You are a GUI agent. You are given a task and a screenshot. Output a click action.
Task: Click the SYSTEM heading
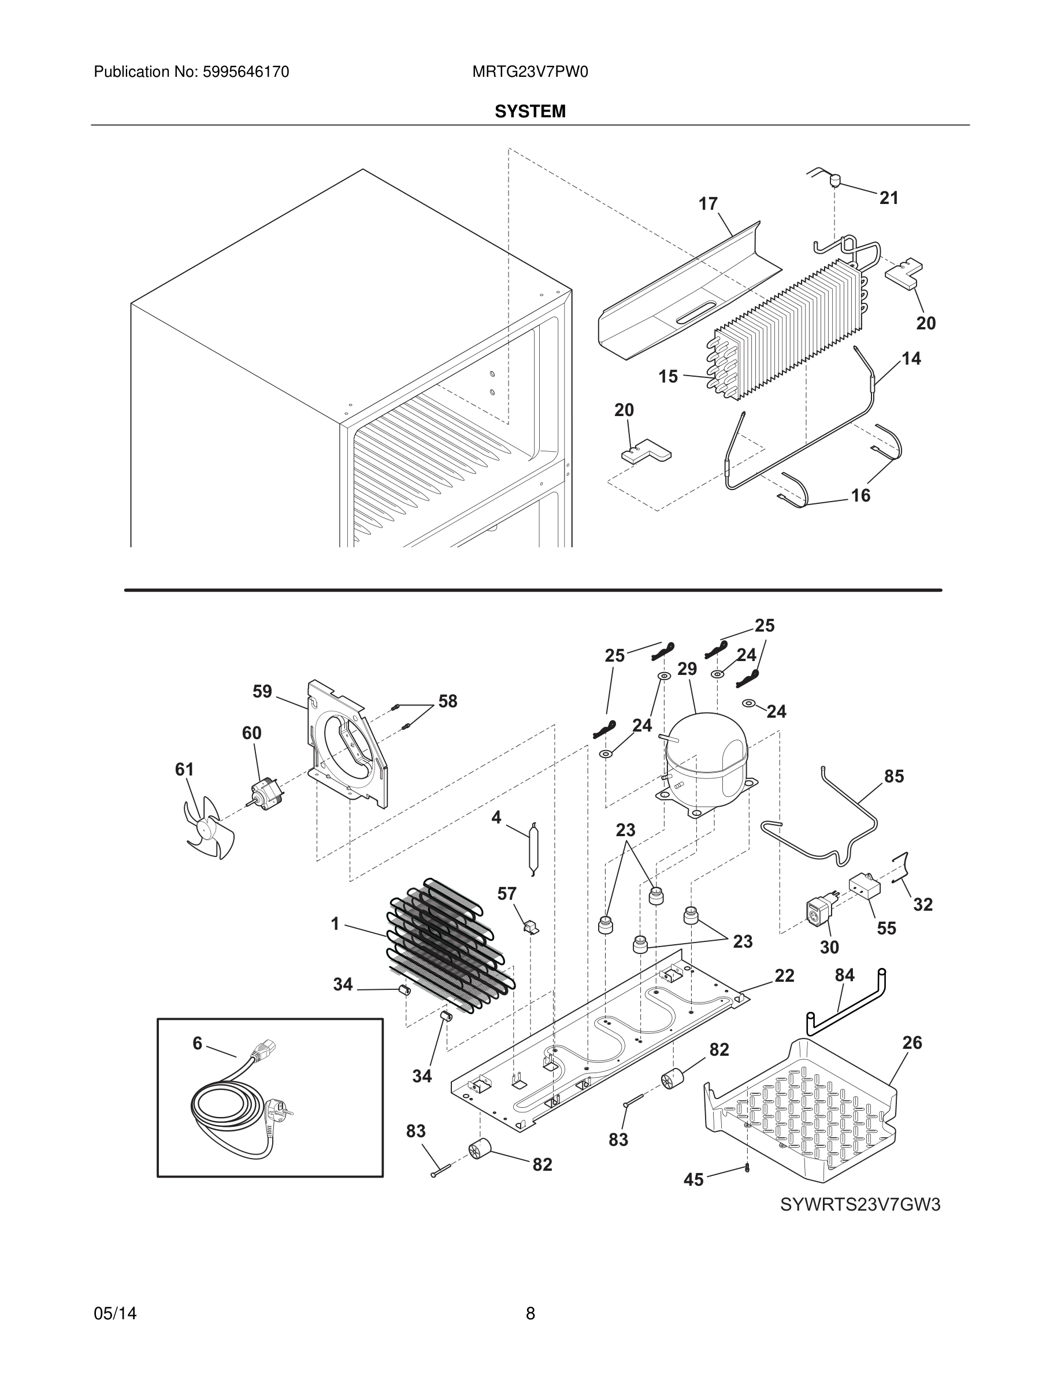pyautogui.click(x=530, y=112)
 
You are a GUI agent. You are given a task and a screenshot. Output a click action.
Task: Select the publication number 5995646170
pyautogui.click(x=245, y=72)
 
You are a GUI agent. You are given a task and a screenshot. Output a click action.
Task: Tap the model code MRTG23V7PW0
pyautogui.click(x=530, y=72)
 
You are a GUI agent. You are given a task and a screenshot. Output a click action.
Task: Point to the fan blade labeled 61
pyautogui.click(x=209, y=828)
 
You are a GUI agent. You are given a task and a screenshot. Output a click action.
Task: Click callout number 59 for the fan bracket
pyautogui.click(x=262, y=692)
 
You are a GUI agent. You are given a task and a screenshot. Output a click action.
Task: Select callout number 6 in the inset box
pyautogui.click(x=198, y=1044)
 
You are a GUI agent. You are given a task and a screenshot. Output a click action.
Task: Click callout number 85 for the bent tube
pyautogui.click(x=894, y=777)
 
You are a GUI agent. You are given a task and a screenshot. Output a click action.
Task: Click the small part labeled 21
pyautogui.click(x=836, y=180)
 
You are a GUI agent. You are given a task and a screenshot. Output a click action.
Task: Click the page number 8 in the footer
pyautogui.click(x=530, y=1313)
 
